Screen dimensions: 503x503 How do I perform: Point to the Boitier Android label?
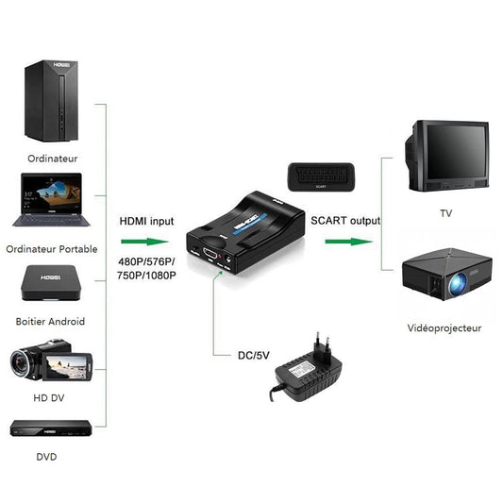[x=50, y=322]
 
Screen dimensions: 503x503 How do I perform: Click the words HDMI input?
[x=146, y=221]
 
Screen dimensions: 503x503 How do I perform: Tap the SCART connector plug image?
[x=323, y=176]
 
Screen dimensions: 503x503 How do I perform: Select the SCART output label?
[x=344, y=221]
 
